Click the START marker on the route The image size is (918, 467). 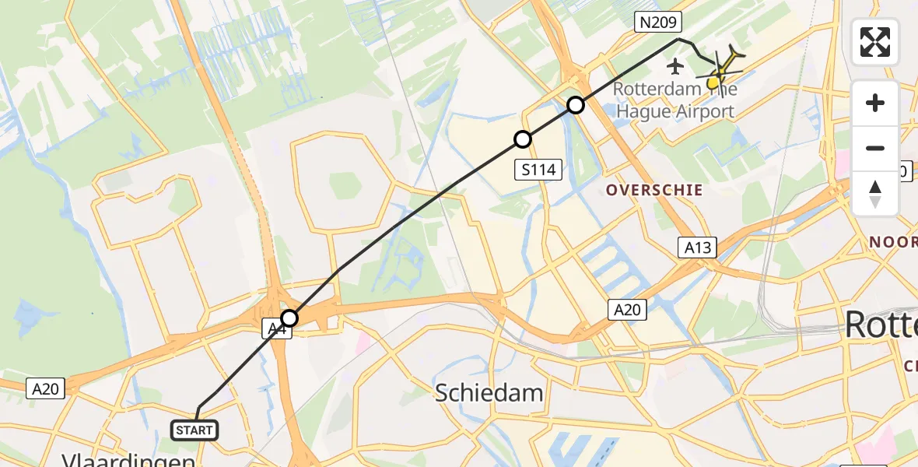194,430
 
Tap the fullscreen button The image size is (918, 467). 875,42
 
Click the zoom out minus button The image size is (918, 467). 875,148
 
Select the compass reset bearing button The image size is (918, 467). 875,193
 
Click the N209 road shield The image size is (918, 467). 658,23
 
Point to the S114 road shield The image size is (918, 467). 538,169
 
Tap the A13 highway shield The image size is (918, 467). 697,248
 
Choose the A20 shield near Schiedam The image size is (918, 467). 626,310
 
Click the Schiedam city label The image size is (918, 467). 489,392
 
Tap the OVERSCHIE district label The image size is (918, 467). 654,190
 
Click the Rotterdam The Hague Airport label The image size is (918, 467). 675,100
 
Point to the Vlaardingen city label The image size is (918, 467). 129,461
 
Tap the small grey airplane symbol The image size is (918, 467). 675,66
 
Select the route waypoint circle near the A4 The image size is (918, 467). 289,318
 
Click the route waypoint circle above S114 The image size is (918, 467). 523,139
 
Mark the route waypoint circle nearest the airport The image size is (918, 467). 575,104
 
